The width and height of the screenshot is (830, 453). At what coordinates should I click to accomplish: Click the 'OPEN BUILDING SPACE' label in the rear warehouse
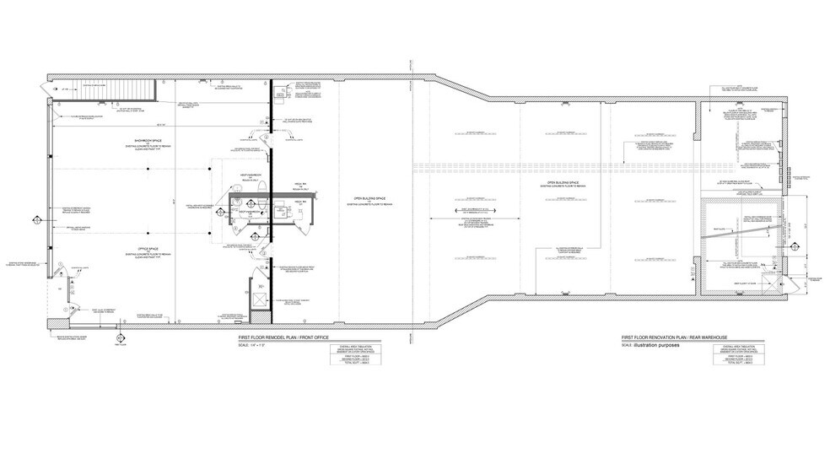[x=562, y=182]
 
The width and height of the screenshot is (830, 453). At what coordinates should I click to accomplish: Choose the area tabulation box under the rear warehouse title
[x=734, y=357]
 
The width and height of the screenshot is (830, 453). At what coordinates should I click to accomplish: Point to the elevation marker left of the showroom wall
[x=36, y=221]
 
